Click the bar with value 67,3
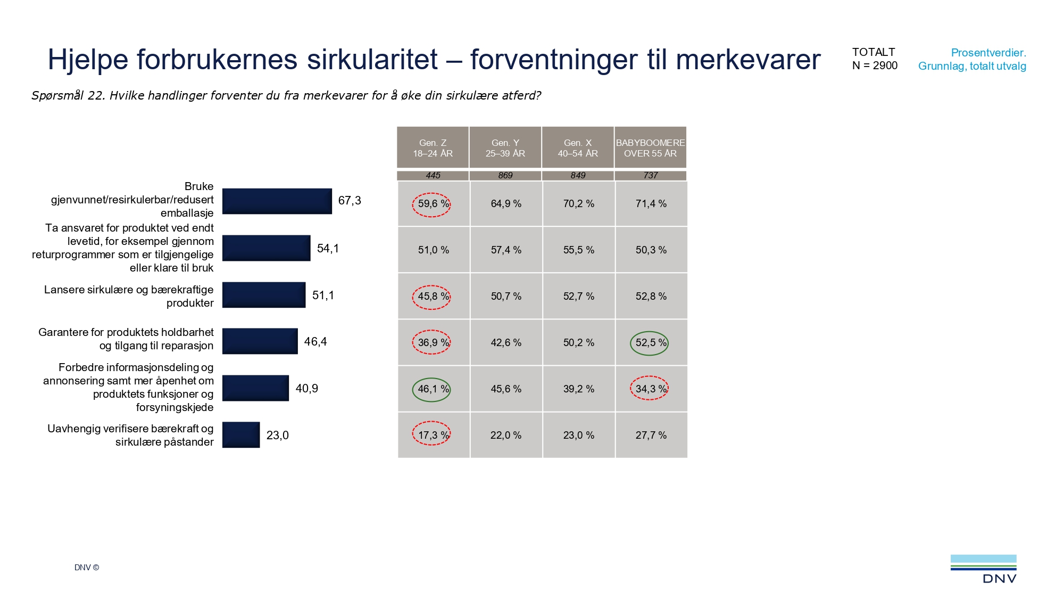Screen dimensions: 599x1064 (x=277, y=201)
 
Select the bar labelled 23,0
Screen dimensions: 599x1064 (x=241, y=435)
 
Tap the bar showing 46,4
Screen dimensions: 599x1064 (x=260, y=341)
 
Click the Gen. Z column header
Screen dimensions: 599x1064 (x=433, y=148)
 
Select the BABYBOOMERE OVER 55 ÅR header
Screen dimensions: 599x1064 (x=650, y=148)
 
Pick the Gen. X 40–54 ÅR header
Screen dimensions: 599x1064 (x=578, y=148)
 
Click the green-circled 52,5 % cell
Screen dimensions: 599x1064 (x=650, y=343)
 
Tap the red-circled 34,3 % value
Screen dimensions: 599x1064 (x=650, y=389)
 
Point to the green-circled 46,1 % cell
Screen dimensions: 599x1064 (x=432, y=389)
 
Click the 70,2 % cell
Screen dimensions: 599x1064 (x=578, y=204)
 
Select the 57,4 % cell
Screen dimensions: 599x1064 (x=506, y=250)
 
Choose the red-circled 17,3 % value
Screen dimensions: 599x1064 (x=432, y=435)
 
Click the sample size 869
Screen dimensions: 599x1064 (x=505, y=175)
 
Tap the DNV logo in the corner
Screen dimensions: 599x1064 (x=983, y=569)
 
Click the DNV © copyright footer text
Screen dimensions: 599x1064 (x=87, y=568)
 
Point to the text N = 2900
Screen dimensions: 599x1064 (x=875, y=65)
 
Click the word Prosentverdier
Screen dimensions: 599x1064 (x=988, y=53)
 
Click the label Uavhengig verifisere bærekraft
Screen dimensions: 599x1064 (x=130, y=429)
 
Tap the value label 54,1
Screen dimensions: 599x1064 (x=328, y=249)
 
